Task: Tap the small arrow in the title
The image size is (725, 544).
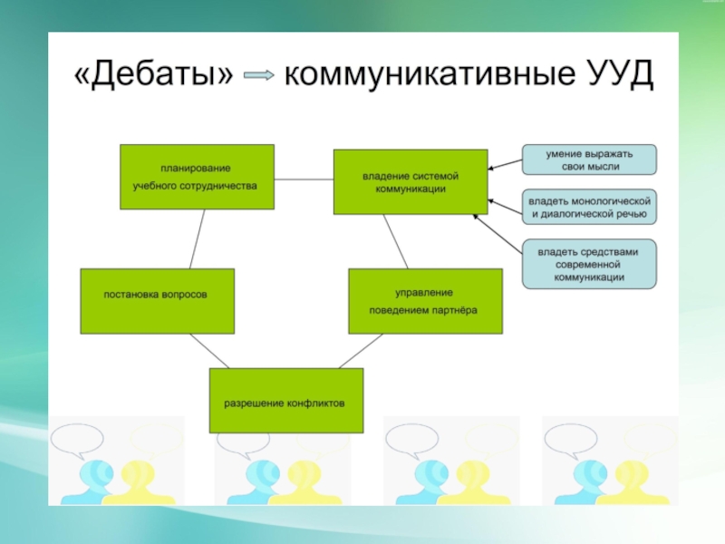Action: click(259, 77)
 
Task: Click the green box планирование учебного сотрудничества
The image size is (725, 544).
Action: click(196, 177)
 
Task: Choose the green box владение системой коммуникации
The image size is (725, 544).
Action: click(411, 181)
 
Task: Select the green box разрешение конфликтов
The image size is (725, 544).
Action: click(285, 401)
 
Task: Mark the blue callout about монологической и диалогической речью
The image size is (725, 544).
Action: click(589, 207)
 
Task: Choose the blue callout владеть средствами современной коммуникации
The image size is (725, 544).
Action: click(589, 264)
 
